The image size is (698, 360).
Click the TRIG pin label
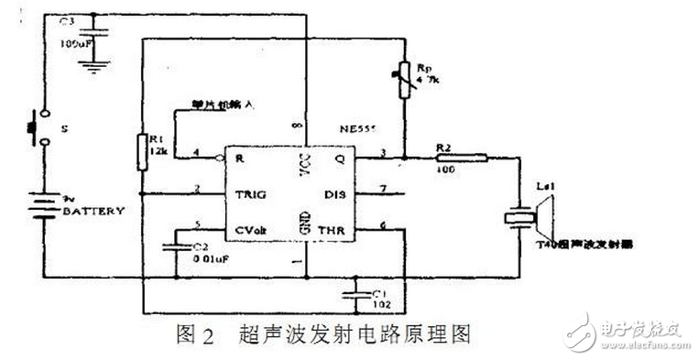pyautogui.click(x=251, y=193)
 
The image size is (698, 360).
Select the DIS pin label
pyautogui.click(x=335, y=193)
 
